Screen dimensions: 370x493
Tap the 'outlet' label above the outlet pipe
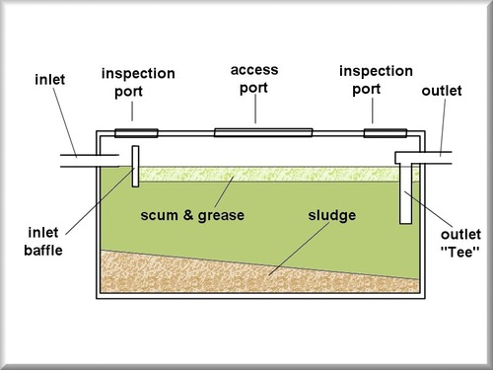coord(440,90)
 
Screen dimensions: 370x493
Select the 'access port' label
coord(254,78)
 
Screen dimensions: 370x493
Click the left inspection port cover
coord(136,132)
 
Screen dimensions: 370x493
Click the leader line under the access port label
coord(254,110)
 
